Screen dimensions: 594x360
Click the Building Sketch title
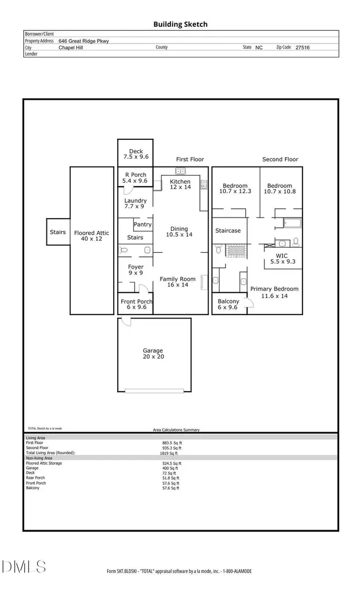click(x=180, y=24)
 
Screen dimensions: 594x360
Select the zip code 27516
click(x=302, y=48)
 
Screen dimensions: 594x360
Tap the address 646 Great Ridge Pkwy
click(x=83, y=41)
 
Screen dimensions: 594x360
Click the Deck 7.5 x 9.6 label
click(x=136, y=154)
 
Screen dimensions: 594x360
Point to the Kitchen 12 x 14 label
click(x=180, y=184)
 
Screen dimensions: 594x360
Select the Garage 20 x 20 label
click(x=153, y=354)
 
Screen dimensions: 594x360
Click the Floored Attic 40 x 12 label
click(x=92, y=236)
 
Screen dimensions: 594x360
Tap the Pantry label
click(x=143, y=224)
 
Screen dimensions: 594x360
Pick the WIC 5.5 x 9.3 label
click(x=282, y=259)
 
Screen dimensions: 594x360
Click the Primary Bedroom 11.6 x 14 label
click(x=274, y=292)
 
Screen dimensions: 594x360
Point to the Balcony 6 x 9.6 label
click(x=228, y=305)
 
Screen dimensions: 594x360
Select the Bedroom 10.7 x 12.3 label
click(x=235, y=189)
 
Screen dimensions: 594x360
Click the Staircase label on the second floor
click(x=228, y=231)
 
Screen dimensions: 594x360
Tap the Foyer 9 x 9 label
click(x=136, y=270)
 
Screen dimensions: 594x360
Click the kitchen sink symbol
click(x=180, y=171)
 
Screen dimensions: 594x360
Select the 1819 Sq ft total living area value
click(x=172, y=453)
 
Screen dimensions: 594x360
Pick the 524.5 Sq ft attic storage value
click(x=172, y=463)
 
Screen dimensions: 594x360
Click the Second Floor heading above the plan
click(x=280, y=160)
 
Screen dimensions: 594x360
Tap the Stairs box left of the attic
click(x=58, y=232)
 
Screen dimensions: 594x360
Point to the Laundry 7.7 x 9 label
click(x=136, y=204)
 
